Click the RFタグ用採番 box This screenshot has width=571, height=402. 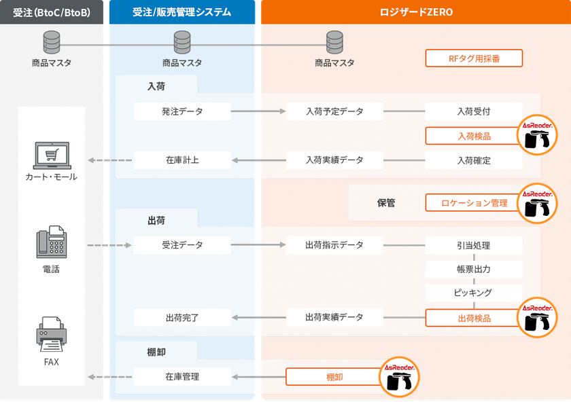[474, 58]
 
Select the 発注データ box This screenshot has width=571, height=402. [182, 111]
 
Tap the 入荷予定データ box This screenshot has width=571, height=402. [334, 111]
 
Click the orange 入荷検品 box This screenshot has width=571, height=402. [474, 136]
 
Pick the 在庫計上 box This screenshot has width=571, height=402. [182, 160]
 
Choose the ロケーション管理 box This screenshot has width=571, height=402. [474, 202]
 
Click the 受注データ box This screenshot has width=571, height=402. [182, 245]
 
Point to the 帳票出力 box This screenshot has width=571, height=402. [474, 269]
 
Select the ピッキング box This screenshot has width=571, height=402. [474, 293]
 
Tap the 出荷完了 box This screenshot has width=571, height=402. [182, 318]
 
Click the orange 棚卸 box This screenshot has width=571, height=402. [334, 377]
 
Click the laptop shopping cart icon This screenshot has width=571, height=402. [52, 156]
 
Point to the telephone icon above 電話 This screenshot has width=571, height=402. [52, 242]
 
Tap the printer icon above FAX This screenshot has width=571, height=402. [52, 334]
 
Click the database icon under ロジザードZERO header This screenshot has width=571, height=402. [334, 42]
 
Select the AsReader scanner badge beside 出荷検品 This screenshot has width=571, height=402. [537, 318]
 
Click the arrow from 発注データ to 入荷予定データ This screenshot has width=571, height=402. [258, 111]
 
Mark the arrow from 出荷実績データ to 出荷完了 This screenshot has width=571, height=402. [258, 318]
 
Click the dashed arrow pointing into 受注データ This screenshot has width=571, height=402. [109, 245]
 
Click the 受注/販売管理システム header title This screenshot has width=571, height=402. [181, 12]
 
